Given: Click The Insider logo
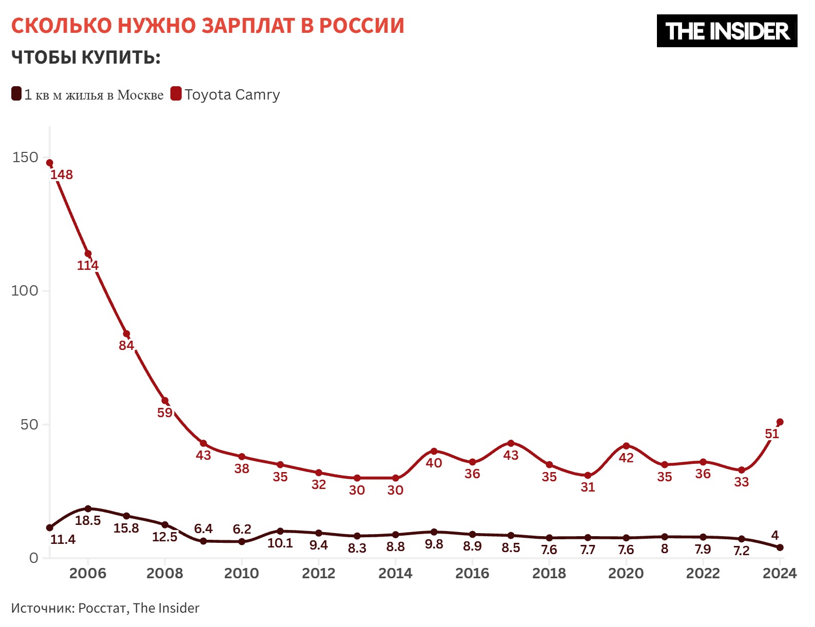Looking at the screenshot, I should pyautogui.click(x=727, y=31).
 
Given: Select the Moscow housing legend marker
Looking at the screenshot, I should pyautogui.click(x=16, y=94).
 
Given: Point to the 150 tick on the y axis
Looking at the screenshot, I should pyautogui.click(x=26, y=158).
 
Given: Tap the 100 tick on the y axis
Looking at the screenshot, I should pyautogui.click(x=25, y=291).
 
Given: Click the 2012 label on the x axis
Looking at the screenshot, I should pyautogui.click(x=318, y=573).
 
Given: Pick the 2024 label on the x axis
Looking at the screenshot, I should pyautogui.click(x=779, y=573).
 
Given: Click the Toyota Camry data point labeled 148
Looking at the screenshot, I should pyautogui.click(x=50, y=163).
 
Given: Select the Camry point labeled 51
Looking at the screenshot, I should pyautogui.click(x=780, y=422).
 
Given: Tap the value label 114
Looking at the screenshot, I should pyautogui.click(x=88, y=266).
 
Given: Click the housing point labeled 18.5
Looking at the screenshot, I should pyautogui.click(x=88, y=508).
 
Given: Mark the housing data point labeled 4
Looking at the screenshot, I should pyautogui.click(x=780, y=547).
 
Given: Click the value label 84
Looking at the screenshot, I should pyautogui.click(x=126, y=346).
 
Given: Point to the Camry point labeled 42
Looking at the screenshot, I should pyautogui.click(x=626, y=446).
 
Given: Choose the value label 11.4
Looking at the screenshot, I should pyautogui.click(x=63, y=539).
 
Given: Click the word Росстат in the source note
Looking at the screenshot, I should pyautogui.click(x=102, y=608).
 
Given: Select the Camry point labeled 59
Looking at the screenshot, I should pyautogui.click(x=165, y=401).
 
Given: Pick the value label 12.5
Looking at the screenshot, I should pyautogui.click(x=165, y=537).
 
